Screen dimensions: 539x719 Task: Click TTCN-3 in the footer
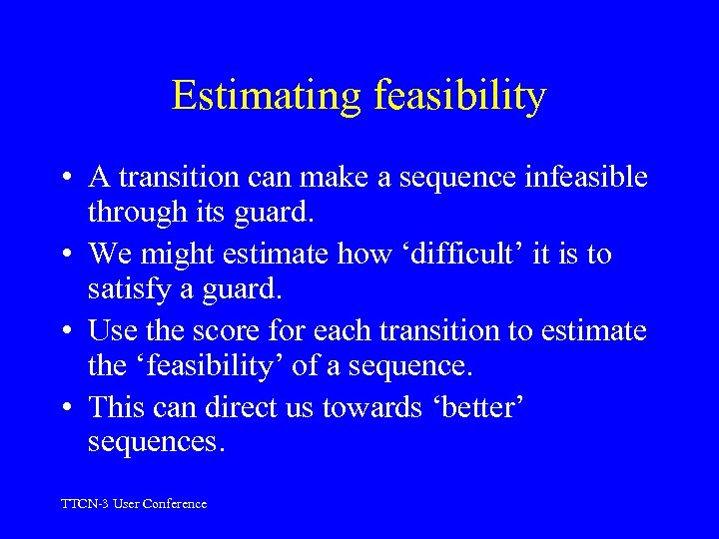tap(85, 504)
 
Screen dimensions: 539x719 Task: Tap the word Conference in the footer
tap(175, 504)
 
